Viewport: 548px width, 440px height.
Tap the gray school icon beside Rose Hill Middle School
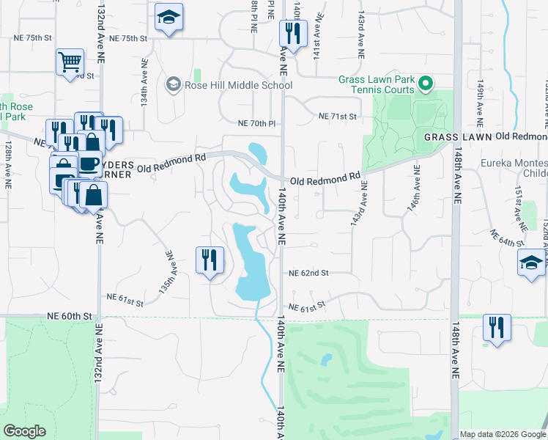[174, 85]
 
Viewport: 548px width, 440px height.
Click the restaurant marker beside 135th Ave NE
[210, 261]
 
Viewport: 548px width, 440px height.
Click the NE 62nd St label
[309, 272]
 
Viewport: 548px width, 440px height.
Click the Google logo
[25, 431]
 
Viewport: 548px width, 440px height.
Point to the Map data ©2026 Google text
[503, 434]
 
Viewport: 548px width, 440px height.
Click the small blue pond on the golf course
[326, 360]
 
